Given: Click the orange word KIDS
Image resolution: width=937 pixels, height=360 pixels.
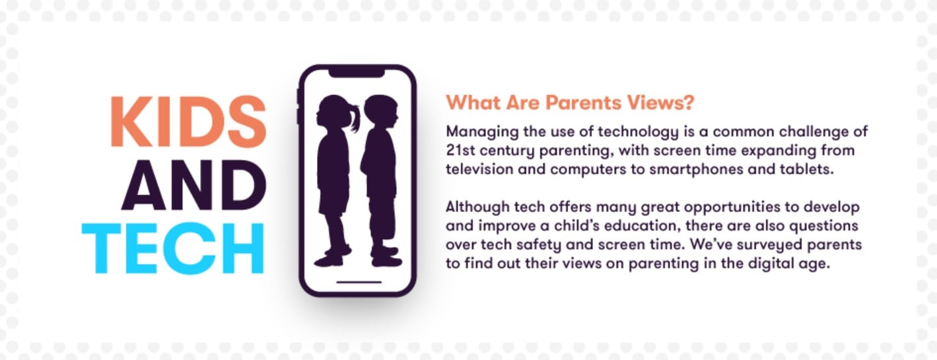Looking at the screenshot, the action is (x=189, y=122).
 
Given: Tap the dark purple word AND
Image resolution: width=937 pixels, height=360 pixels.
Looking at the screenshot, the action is (x=194, y=186).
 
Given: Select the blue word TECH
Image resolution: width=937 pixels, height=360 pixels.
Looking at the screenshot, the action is (x=173, y=248).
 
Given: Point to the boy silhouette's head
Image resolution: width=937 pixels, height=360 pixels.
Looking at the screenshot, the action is (x=380, y=111).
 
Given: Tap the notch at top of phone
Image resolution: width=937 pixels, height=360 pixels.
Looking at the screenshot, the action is (x=357, y=73).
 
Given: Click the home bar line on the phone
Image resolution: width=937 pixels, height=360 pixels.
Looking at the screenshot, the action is (x=359, y=282).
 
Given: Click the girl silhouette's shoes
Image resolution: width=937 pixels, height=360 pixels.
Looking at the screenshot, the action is (x=333, y=256).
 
